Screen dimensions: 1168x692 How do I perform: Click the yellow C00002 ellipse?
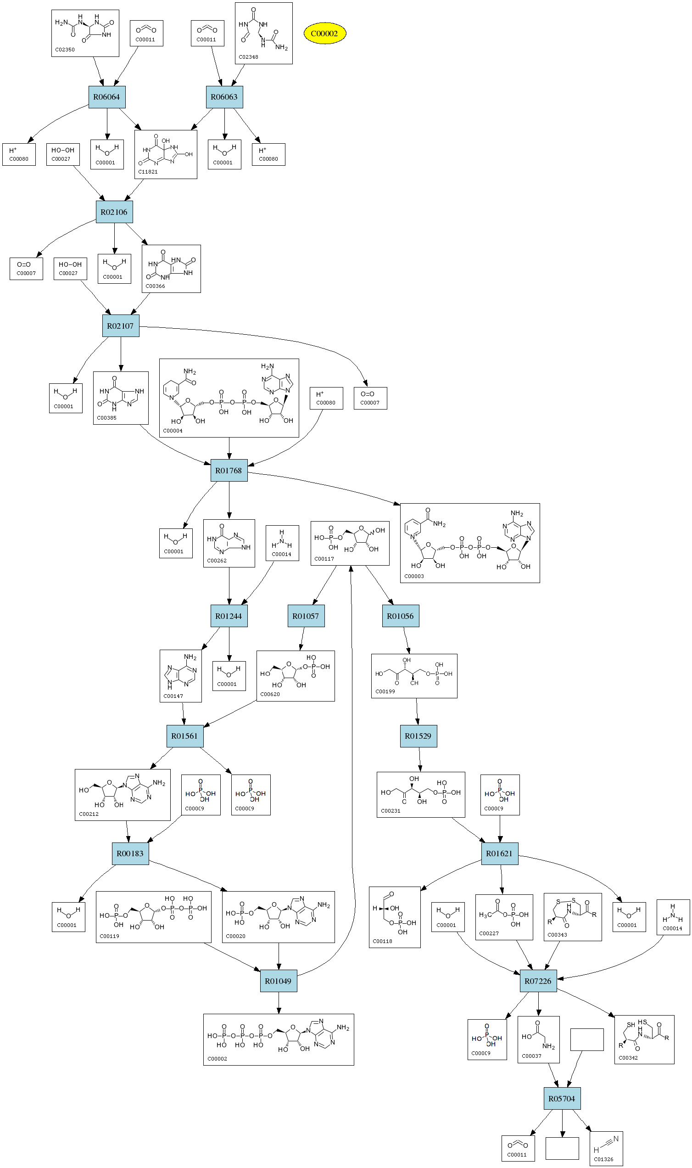324,34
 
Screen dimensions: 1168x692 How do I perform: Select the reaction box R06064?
106,97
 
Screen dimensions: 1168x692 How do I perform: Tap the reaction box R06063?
224,97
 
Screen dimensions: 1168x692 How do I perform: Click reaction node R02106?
114,212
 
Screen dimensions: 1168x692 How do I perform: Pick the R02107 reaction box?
120,326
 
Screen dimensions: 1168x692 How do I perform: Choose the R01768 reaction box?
229,471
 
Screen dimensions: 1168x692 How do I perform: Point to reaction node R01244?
229,616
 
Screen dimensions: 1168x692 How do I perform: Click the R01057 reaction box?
306,616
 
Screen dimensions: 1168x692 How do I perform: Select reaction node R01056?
400,616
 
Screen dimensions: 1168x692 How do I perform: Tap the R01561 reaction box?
184,736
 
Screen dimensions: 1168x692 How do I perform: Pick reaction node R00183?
130,854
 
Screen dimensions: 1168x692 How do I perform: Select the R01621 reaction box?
499,854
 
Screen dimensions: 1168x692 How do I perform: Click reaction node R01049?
278,981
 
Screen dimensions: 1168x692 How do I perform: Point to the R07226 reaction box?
538,981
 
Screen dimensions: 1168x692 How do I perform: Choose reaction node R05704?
561,1099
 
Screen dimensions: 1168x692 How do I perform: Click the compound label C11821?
148,172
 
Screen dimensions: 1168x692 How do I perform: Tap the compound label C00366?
155,286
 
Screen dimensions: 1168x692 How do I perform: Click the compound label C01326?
603,1159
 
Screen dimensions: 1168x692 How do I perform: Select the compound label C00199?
385,691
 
